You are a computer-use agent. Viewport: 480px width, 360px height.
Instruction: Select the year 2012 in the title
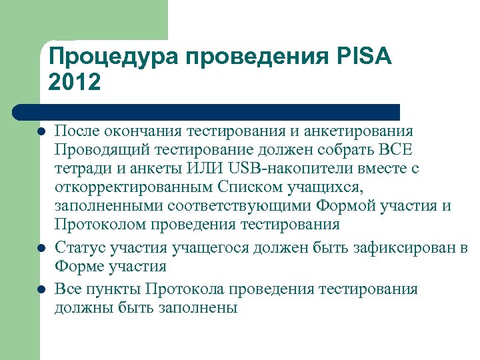click(x=75, y=83)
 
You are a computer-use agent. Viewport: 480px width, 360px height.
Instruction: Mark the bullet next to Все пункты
click(x=41, y=289)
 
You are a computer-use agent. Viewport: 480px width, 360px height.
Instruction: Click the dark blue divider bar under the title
click(x=207, y=111)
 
